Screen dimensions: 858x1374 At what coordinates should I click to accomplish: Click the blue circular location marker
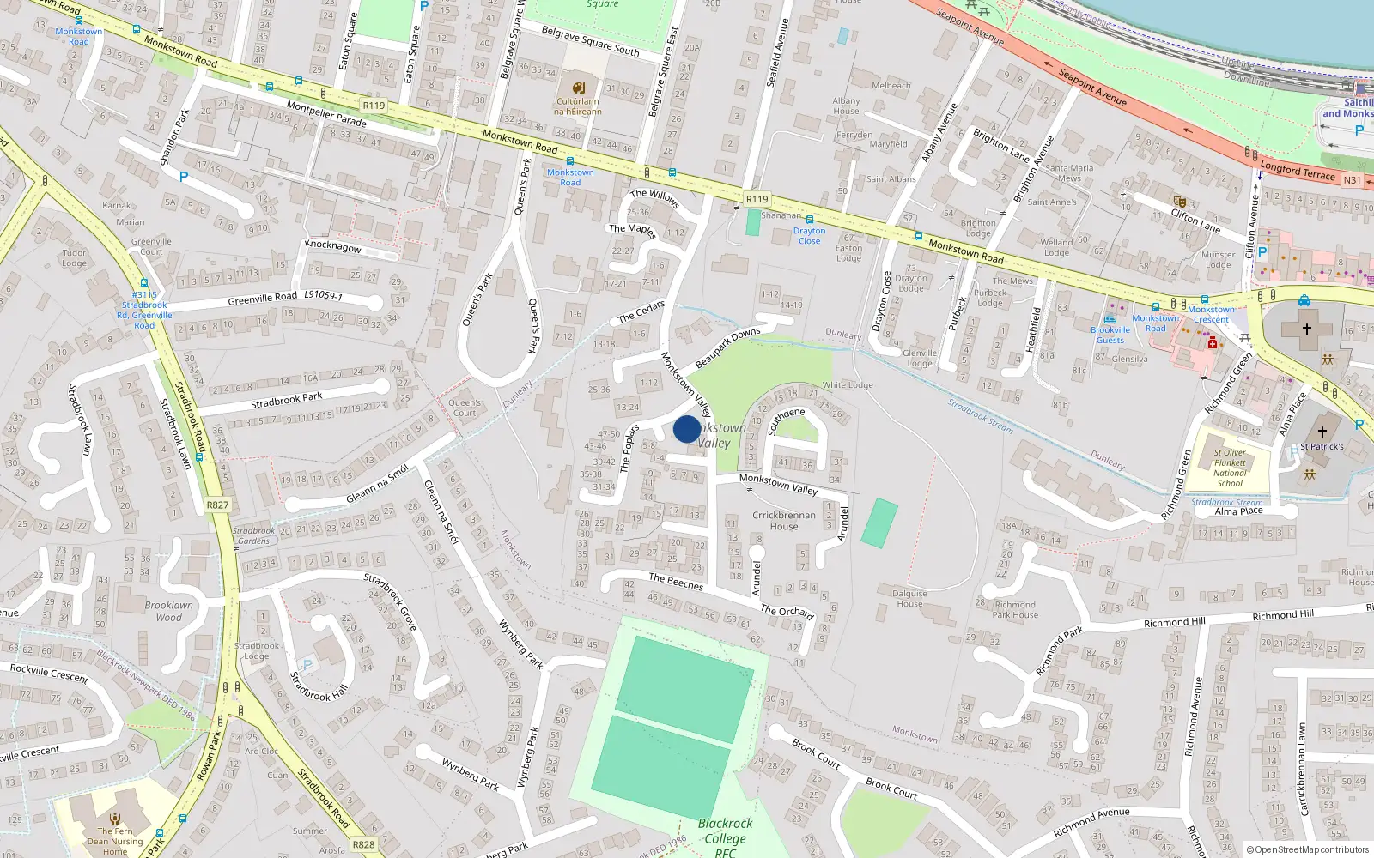click(686, 429)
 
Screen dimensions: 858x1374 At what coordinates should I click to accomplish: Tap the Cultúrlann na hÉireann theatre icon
click(579, 88)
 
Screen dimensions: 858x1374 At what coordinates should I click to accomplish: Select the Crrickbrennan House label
click(783, 521)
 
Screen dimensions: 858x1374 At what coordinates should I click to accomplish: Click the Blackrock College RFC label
click(725, 837)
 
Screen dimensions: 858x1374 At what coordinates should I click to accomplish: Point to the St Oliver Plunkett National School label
click(1230, 468)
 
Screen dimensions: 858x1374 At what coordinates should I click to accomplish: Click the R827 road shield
click(217, 505)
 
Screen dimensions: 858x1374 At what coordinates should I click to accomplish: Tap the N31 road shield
click(1352, 180)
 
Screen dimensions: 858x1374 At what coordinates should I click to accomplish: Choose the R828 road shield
click(363, 844)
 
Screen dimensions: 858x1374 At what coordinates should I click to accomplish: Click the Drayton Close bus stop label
click(809, 236)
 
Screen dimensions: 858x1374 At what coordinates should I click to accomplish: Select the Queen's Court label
click(465, 408)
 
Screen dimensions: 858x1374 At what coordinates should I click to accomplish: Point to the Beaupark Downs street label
click(727, 348)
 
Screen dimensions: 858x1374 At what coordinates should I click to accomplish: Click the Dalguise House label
click(909, 598)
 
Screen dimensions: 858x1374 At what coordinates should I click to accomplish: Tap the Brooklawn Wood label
click(169, 611)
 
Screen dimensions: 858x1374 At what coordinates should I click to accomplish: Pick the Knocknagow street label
click(333, 246)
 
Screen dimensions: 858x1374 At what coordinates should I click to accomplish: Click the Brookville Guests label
click(1110, 335)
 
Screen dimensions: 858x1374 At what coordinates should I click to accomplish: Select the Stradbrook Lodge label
click(257, 650)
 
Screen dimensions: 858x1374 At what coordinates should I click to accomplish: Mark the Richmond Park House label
click(1015, 609)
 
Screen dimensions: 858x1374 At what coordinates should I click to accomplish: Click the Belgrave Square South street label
click(590, 40)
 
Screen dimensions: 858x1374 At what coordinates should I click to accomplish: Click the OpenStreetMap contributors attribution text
click(1308, 849)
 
